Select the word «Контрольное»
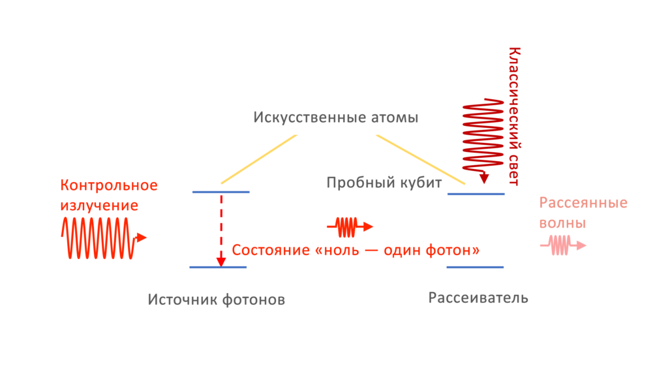point(109,185)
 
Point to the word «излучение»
point(99,206)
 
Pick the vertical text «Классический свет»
point(513,116)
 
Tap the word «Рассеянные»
point(583,203)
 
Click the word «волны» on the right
point(562,223)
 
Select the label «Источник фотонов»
point(217,300)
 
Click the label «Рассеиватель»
point(478,298)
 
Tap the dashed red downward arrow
point(221,228)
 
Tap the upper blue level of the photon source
point(221,192)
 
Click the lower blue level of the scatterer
point(476,267)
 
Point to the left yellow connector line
point(259,159)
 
